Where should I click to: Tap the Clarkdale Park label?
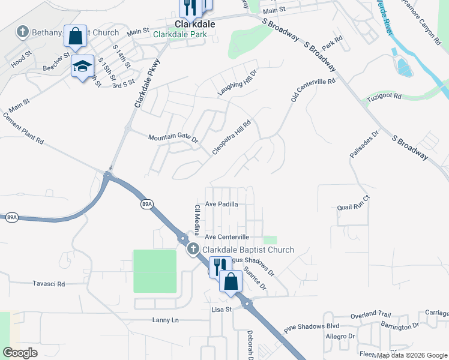179,35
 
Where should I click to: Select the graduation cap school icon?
82,66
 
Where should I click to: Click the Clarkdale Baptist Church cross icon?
193,250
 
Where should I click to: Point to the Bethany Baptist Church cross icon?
22,31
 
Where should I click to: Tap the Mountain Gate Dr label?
173,137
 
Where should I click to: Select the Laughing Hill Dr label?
237,85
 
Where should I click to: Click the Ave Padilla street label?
222,204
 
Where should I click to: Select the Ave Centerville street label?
227,238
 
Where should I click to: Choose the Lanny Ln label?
165,320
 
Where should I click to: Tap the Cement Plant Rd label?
23,128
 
